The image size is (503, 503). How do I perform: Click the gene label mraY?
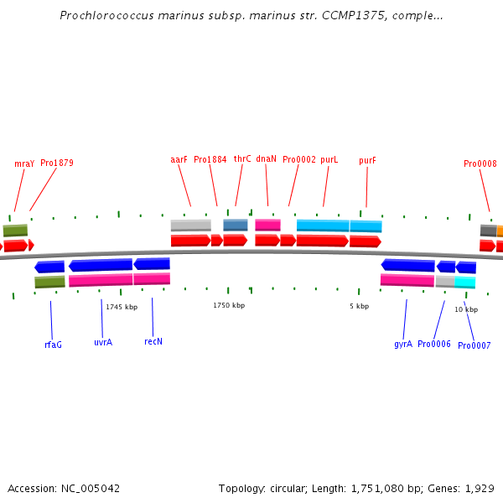(24, 164)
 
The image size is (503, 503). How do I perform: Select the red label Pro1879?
(57, 163)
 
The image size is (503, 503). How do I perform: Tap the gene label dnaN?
(266, 158)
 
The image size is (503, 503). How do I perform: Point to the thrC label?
(242, 158)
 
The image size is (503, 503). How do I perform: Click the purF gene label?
(367, 160)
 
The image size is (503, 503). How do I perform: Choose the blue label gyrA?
(403, 345)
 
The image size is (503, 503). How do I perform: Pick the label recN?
(153, 341)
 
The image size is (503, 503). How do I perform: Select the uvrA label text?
(103, 342)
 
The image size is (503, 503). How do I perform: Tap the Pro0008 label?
(480, 163)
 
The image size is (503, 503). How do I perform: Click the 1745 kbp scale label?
(122, 307)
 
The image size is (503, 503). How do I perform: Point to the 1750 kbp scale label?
(229, 305)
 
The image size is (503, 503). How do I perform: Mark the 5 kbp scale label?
(360, 306)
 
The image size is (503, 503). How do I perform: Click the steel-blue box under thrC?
(236, 225)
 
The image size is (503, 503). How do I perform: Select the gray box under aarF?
(191, 226)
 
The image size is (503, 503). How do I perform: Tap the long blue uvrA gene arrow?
(101, 265)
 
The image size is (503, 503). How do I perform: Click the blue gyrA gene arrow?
(407, 265)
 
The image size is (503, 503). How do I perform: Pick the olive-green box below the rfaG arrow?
(49, 282)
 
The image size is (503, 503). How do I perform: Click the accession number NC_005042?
(91, 489)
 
